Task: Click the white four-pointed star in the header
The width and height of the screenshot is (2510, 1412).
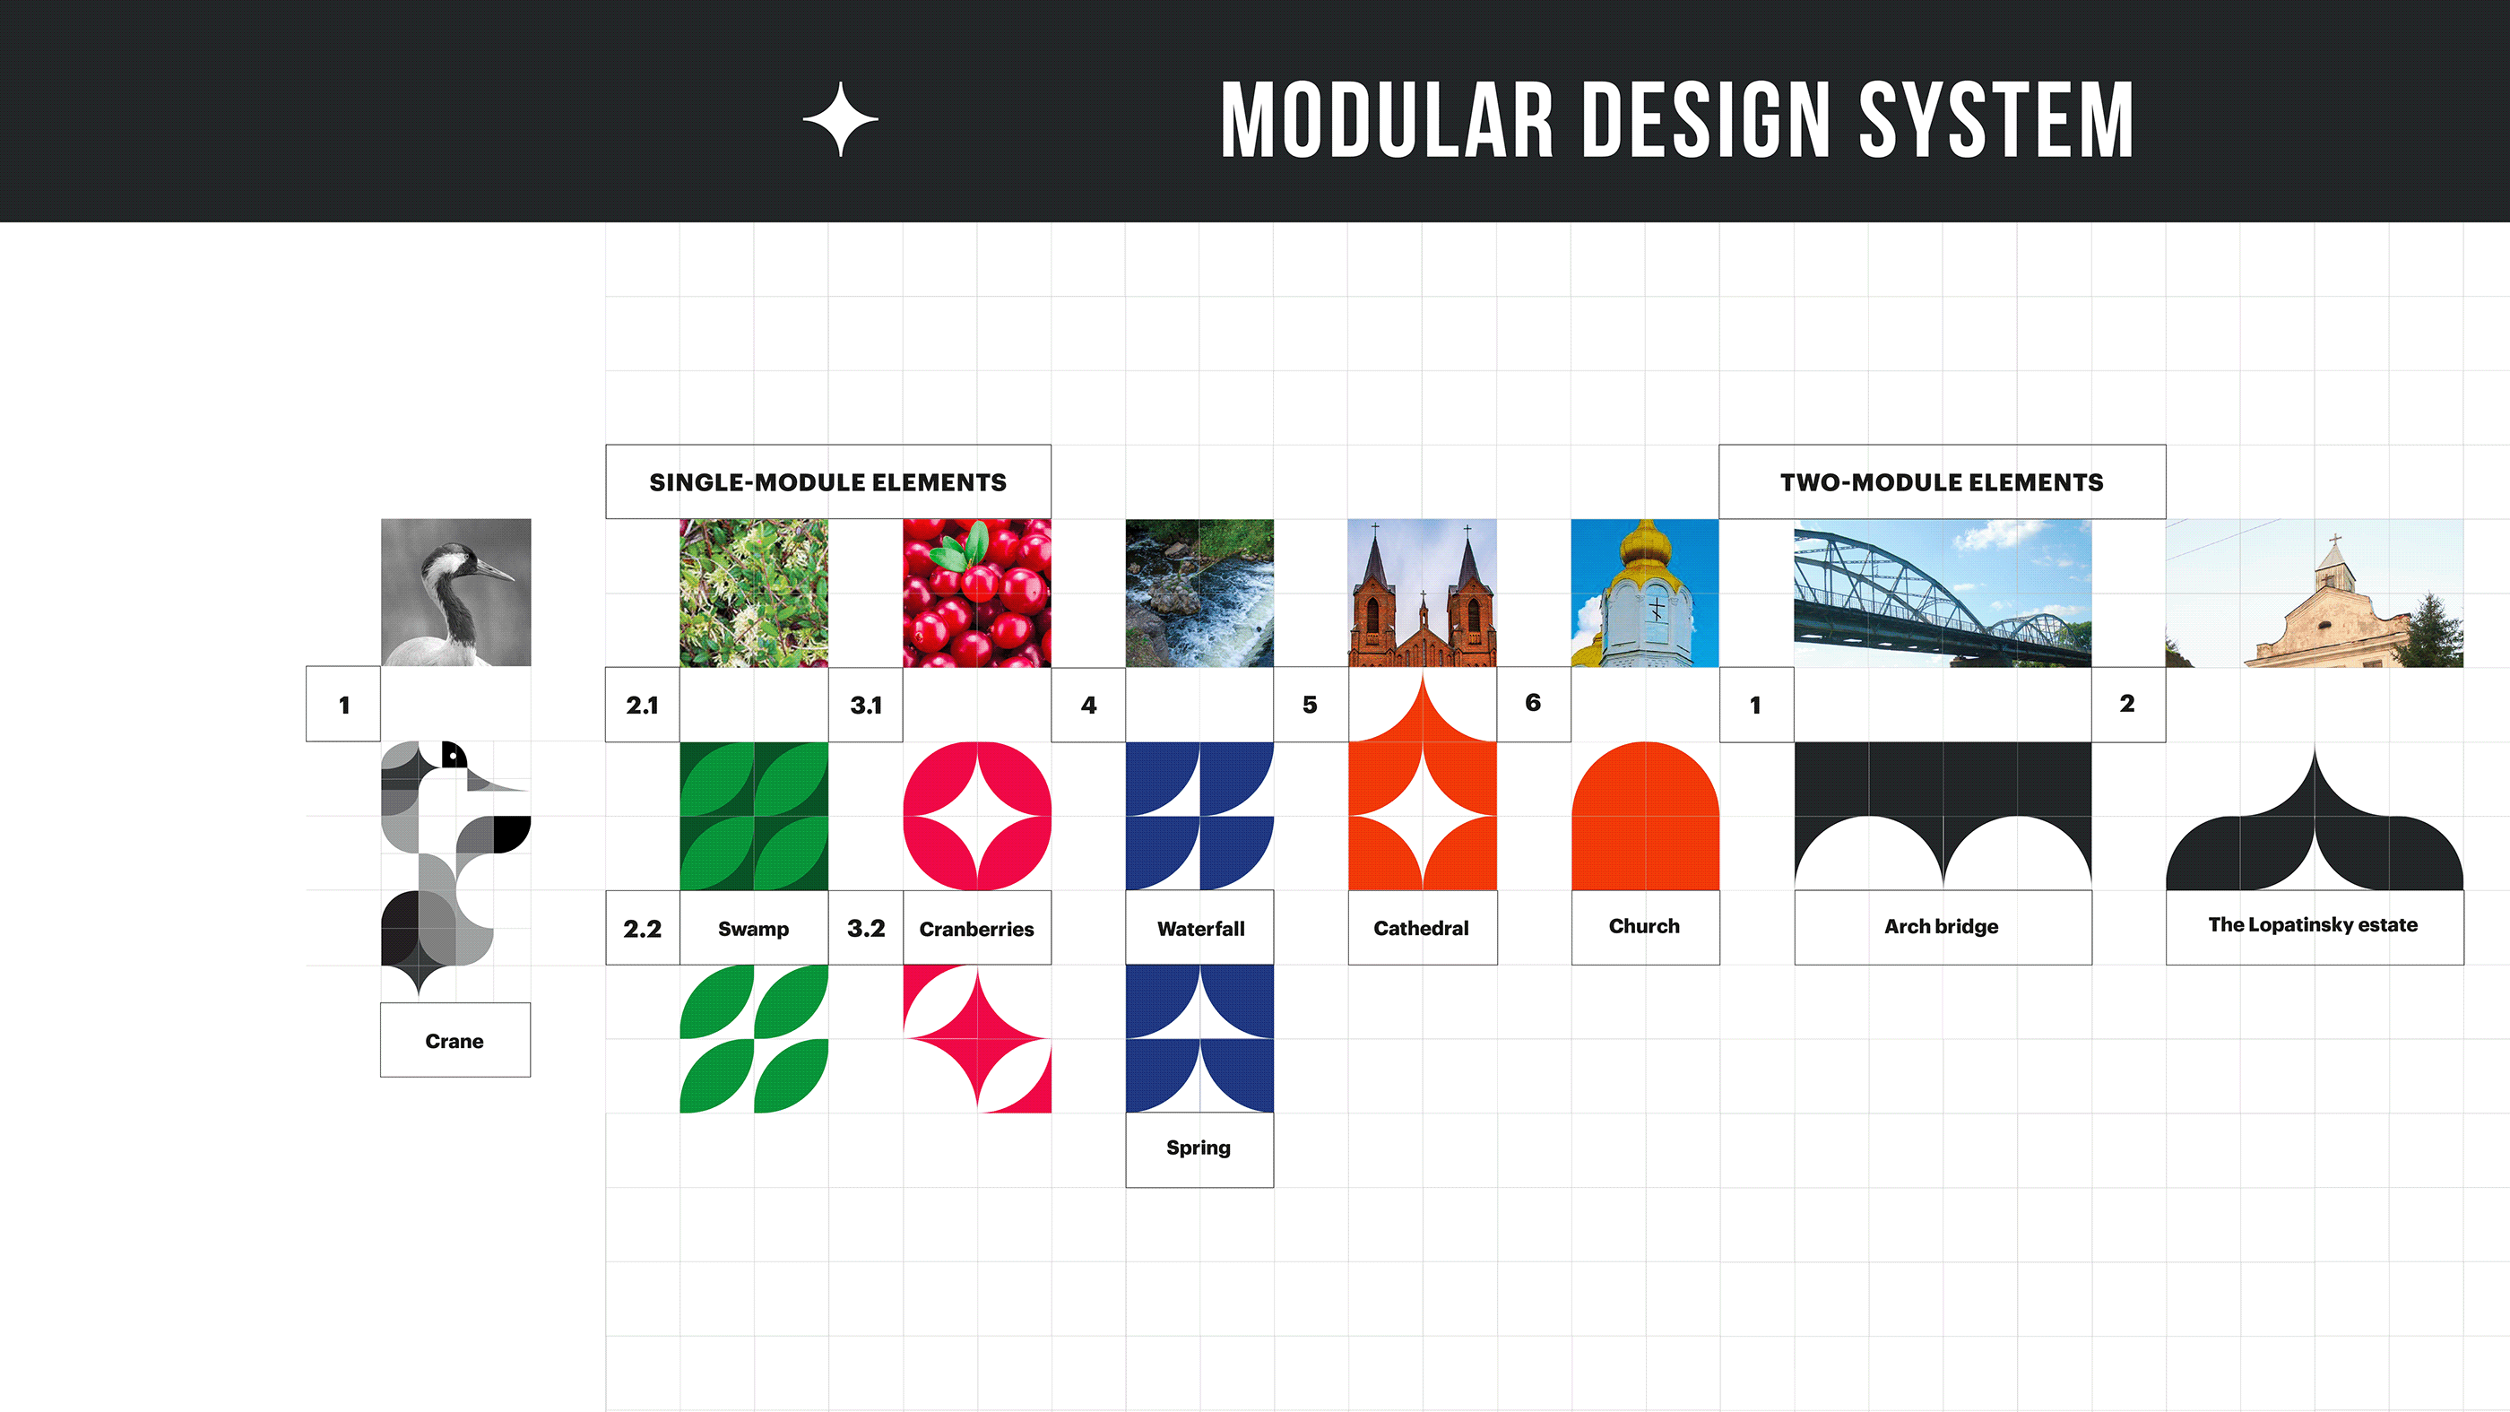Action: coord(841,120)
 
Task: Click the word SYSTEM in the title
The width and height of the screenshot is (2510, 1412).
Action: coord(1996,120)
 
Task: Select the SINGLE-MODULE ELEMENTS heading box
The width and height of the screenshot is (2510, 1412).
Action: coord(828,482)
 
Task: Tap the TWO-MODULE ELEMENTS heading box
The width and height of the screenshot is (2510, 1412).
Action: coord(1942,482)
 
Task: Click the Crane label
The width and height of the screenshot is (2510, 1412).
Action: coord(455,1040)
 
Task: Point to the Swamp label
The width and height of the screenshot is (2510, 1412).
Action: coord(754,928)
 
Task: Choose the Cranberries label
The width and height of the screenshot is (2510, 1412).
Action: coord(976,928)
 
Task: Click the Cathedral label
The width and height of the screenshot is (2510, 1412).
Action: coord(1423,928)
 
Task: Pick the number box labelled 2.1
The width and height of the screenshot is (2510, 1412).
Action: coord(643,705)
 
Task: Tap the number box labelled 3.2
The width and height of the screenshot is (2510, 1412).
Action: coord(866,928)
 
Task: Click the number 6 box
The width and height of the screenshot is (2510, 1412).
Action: coord(1534,704)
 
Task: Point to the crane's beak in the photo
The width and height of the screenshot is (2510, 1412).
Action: coord(495,570)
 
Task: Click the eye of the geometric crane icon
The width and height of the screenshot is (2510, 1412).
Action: coord(453,755)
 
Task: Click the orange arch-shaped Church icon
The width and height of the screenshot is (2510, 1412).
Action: coord(1646,817)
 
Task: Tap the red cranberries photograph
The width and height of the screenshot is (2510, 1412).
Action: coord(977,593)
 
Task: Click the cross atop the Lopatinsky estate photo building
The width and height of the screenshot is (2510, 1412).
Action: coord(2334,538)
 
